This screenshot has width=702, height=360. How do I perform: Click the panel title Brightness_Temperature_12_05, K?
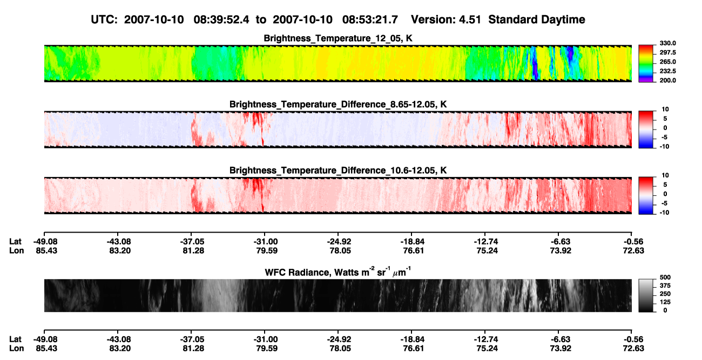point(338,38)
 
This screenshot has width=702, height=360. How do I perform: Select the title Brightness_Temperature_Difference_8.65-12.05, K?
point(338,104)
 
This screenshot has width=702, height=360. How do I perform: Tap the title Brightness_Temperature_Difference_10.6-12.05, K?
point(338,171)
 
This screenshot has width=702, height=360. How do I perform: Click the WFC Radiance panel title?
point(338,272)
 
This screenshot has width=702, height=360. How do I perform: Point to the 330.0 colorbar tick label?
point(667,43)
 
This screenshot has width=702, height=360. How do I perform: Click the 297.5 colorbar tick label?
point(667,52)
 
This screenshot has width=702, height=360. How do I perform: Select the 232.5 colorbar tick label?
point(667,71)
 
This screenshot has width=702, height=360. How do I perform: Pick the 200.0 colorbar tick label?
point(667,80)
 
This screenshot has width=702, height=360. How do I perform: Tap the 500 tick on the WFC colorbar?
point(665,277)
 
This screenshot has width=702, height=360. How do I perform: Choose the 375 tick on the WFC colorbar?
point(665,286)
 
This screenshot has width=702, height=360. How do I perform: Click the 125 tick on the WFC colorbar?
point(665,302)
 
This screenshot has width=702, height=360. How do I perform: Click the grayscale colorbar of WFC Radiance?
point(646,295)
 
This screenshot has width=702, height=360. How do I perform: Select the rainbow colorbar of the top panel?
point(646,64)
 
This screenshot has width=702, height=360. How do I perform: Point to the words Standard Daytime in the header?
point(537,20)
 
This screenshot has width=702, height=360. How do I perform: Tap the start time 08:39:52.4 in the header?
point(221,20)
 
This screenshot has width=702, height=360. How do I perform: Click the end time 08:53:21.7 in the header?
point(370,20)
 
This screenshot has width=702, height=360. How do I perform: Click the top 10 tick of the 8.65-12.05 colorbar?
point(665,110)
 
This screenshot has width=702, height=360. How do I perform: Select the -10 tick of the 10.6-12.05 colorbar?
point(664,213)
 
